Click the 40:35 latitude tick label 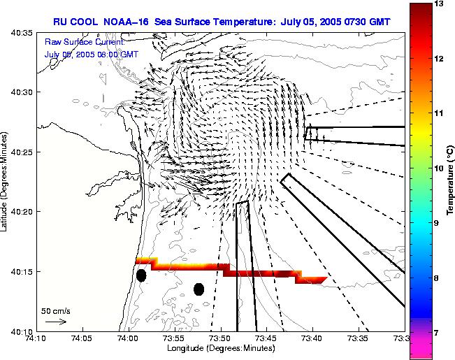coord(23,32)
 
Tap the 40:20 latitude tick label coord(23,212)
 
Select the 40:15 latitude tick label coord(23,271)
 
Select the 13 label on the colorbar coord(439,4)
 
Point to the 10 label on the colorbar coord(439,168)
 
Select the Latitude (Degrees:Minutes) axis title coord(6,182)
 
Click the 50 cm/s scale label coord(56,310)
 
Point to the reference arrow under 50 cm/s coord(56,322)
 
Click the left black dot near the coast coord(141,275)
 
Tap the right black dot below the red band coord(198,289)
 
